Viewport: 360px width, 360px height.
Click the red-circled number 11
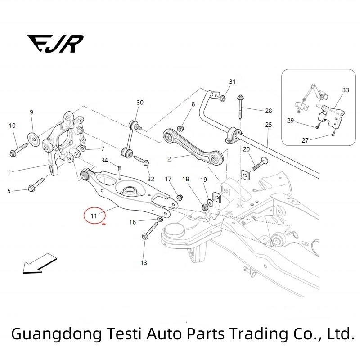[x=94, y=216]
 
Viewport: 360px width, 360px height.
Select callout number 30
[x=140, y=103]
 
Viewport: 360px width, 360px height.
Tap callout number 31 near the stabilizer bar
[x=232, y=81]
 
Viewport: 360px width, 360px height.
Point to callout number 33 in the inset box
[x=345, y=90]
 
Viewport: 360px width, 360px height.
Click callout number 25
[x=269, y=125]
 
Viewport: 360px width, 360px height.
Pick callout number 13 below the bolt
[x=144, y=262]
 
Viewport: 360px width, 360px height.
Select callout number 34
[x=104, y=160]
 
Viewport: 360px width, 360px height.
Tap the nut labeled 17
[x=180, y=197]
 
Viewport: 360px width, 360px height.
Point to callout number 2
[x=169, y=158]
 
